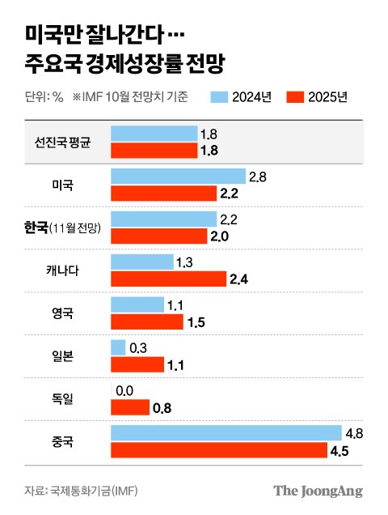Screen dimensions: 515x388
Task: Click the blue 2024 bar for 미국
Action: coord(178,177)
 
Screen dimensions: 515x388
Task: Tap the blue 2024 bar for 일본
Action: coord(118,347)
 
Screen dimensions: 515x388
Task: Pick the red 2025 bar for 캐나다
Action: coord(168,279)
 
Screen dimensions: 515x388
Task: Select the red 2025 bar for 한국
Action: coord(162,236)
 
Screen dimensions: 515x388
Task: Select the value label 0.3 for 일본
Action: coord(139,347)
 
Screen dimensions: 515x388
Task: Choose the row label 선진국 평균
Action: coord(62,143)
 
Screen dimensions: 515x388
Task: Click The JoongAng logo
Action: coord(318,491)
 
